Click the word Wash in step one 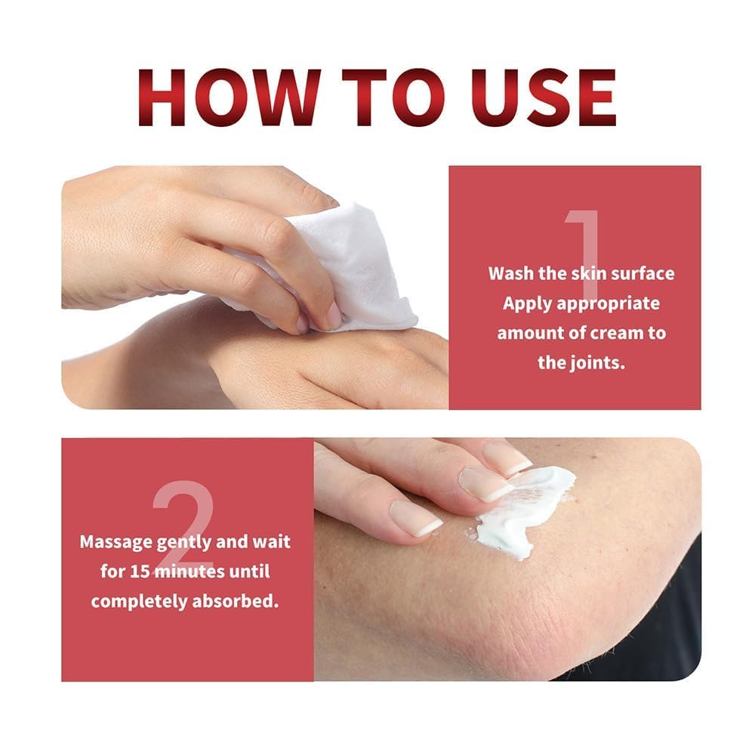click(510, 273)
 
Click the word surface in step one click(642, 273)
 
